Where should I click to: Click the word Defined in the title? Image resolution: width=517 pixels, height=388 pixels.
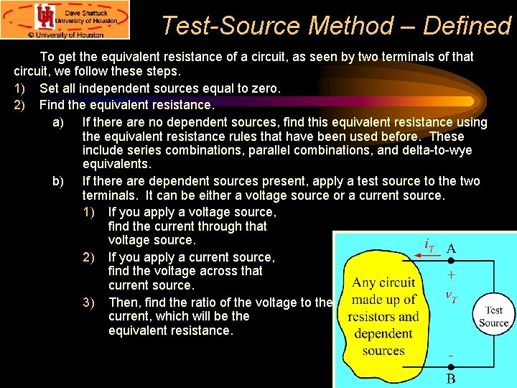[x=467, y=26]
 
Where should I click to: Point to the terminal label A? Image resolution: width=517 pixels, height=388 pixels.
[x=450, y=248]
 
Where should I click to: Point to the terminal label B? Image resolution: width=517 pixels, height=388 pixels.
[x=450, y=378]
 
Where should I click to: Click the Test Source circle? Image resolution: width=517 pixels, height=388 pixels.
[x=494, y=316]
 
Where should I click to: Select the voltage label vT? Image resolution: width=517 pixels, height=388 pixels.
[x=451, y=295]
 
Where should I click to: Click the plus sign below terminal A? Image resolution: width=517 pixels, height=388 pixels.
[x=451, y=274]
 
